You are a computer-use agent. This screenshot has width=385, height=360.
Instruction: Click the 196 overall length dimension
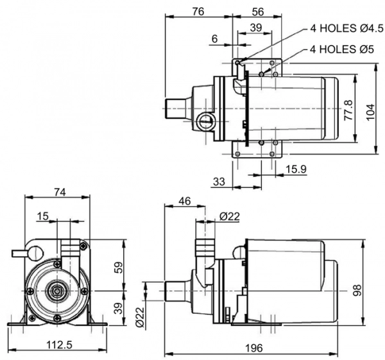click(x=254, y=348)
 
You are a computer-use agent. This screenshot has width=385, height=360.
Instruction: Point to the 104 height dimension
click(x=370, y=110)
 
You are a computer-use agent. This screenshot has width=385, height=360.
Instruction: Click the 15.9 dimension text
click(x=296, y=169)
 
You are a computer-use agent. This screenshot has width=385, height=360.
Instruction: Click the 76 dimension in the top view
click(x=198, y=11)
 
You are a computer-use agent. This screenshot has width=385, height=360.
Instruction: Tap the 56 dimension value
click(x=258, y=11)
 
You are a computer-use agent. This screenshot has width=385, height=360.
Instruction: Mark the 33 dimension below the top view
click(x=219, y=182)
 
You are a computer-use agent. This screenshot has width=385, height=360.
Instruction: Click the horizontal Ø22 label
click(x=229, y=216)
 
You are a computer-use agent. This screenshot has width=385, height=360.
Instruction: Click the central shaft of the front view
click(x=56, y=291)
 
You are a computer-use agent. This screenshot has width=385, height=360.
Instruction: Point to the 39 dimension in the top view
click(x=255, y=27)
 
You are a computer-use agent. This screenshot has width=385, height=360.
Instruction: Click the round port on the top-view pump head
click(x=205, y=119)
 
